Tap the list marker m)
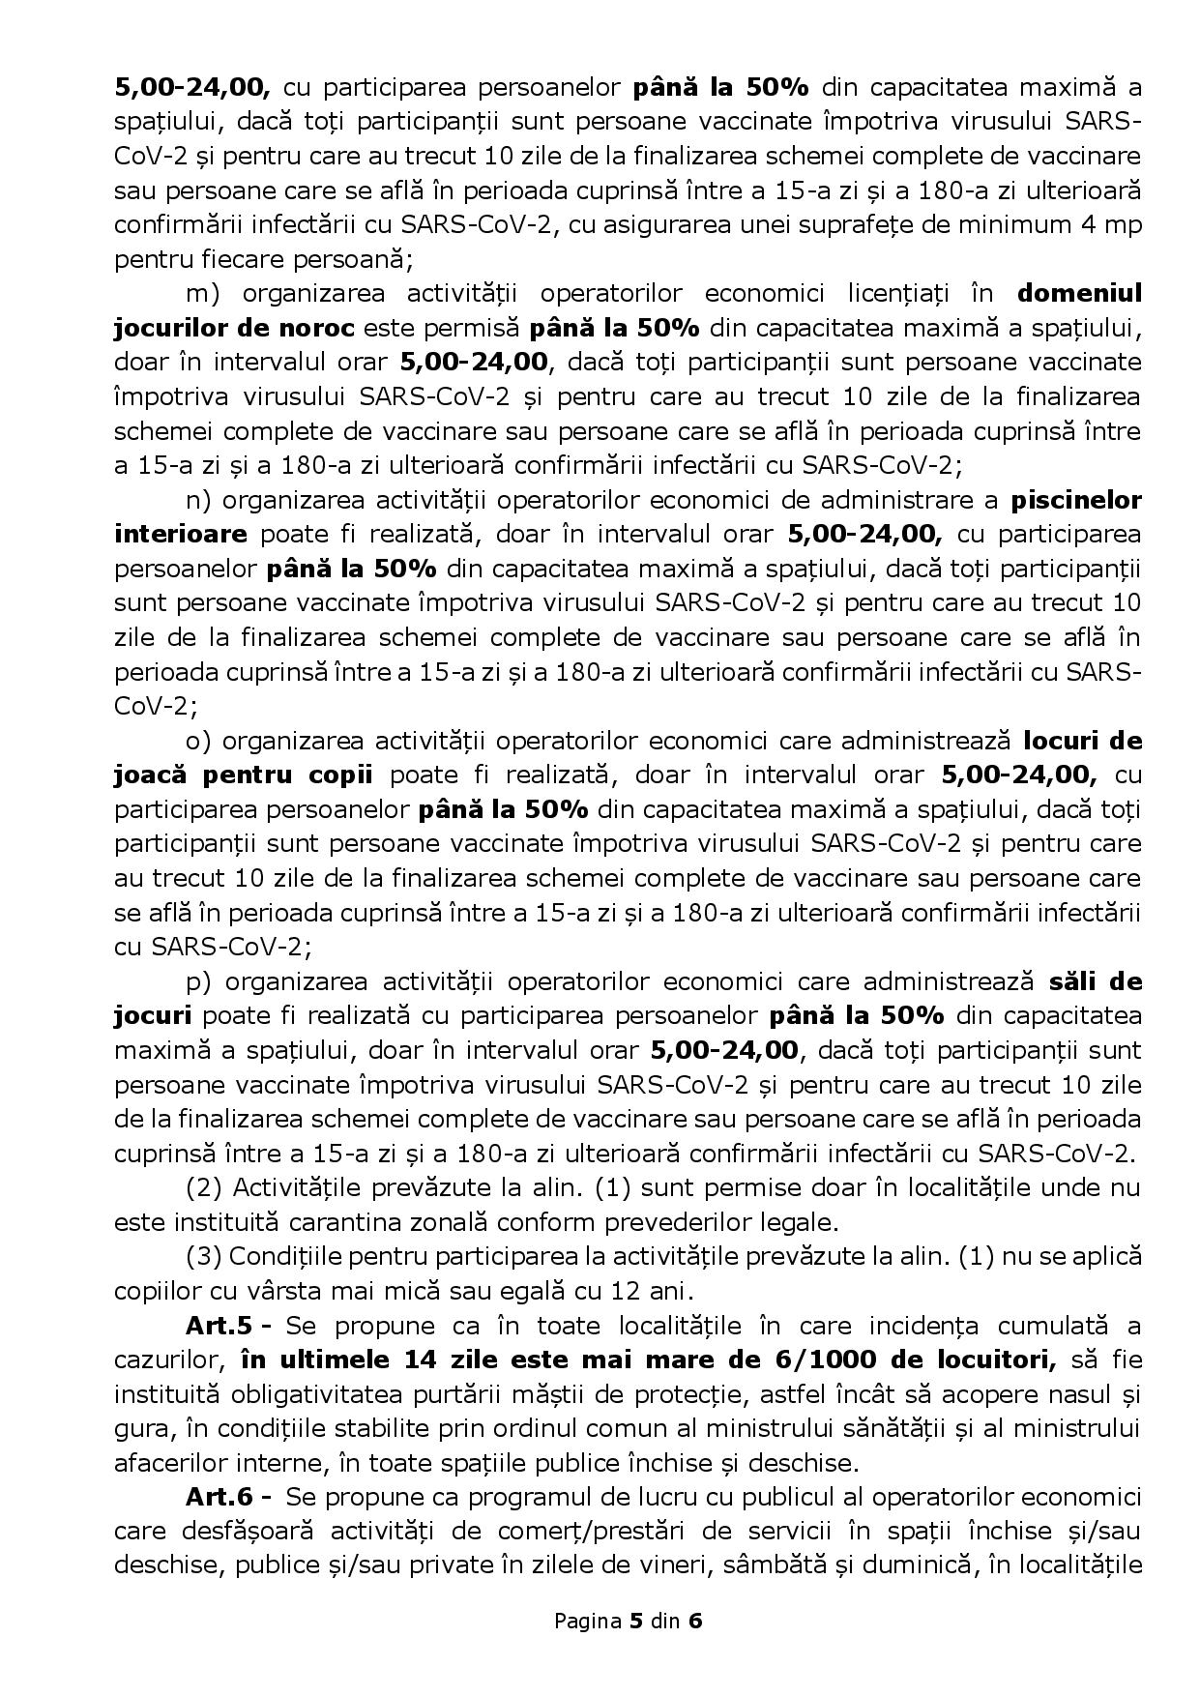tap(203, 293)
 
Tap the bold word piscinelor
tap(1075, 500)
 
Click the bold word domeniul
tap(1079, 293)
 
